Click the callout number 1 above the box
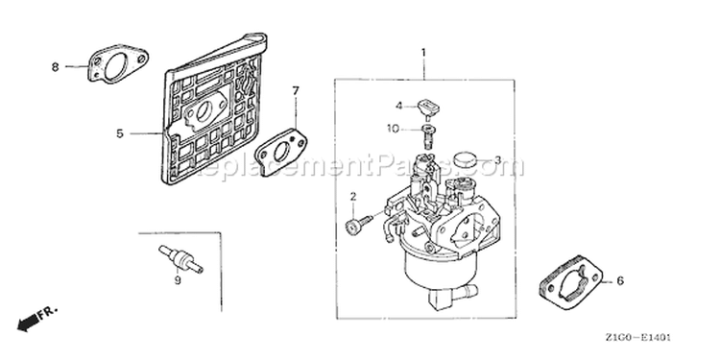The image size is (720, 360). (x=423, y=53)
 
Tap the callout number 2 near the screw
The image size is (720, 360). (x=353, y=197)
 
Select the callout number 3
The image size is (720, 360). (x=497, y=160)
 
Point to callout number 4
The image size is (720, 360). (x=399, y=106)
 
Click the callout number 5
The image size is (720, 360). (x=119, y=133)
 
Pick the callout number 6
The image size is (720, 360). (x=620, y=280)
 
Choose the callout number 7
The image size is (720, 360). (x=296, y=91)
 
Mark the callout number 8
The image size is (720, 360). (x=55, y=67)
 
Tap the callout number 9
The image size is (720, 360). (x=178, y=280)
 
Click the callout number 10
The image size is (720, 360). (x=393, y=129)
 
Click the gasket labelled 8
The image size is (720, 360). (x=117, y=63)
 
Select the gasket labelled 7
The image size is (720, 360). (x=281, y=152)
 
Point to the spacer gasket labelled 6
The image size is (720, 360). (x=571, y=281)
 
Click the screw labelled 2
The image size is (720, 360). (x=359, y=224)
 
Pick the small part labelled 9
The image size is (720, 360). (x=180, y=259)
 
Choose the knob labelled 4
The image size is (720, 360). (x=428, y=108)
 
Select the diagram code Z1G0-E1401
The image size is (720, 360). (x=637, y=338)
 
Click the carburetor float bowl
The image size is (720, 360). (x=440, y=271)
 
